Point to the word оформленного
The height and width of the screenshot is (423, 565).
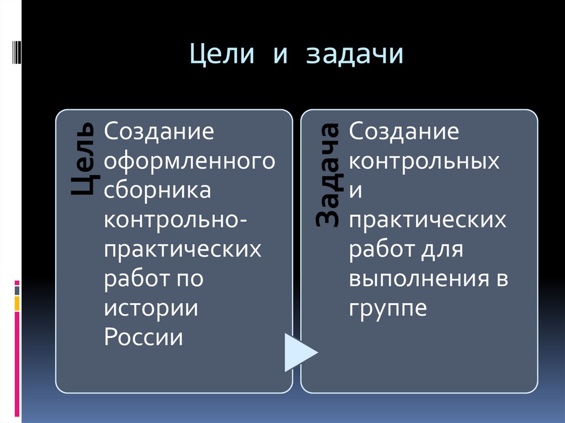(x=190, y=162)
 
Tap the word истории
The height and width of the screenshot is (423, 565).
(x=151, y=307)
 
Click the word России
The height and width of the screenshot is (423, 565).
(x=143, y=336)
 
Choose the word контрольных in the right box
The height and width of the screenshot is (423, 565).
(x=424, y=162)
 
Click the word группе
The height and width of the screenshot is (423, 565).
(x=388, y=308)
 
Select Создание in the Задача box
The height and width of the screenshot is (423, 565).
(x=404, y=132)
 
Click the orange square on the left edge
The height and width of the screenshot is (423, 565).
(x=17, y=303)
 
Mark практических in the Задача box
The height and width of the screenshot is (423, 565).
(x=427, y=220)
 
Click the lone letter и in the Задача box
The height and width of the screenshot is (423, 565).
(x=356, y=191)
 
